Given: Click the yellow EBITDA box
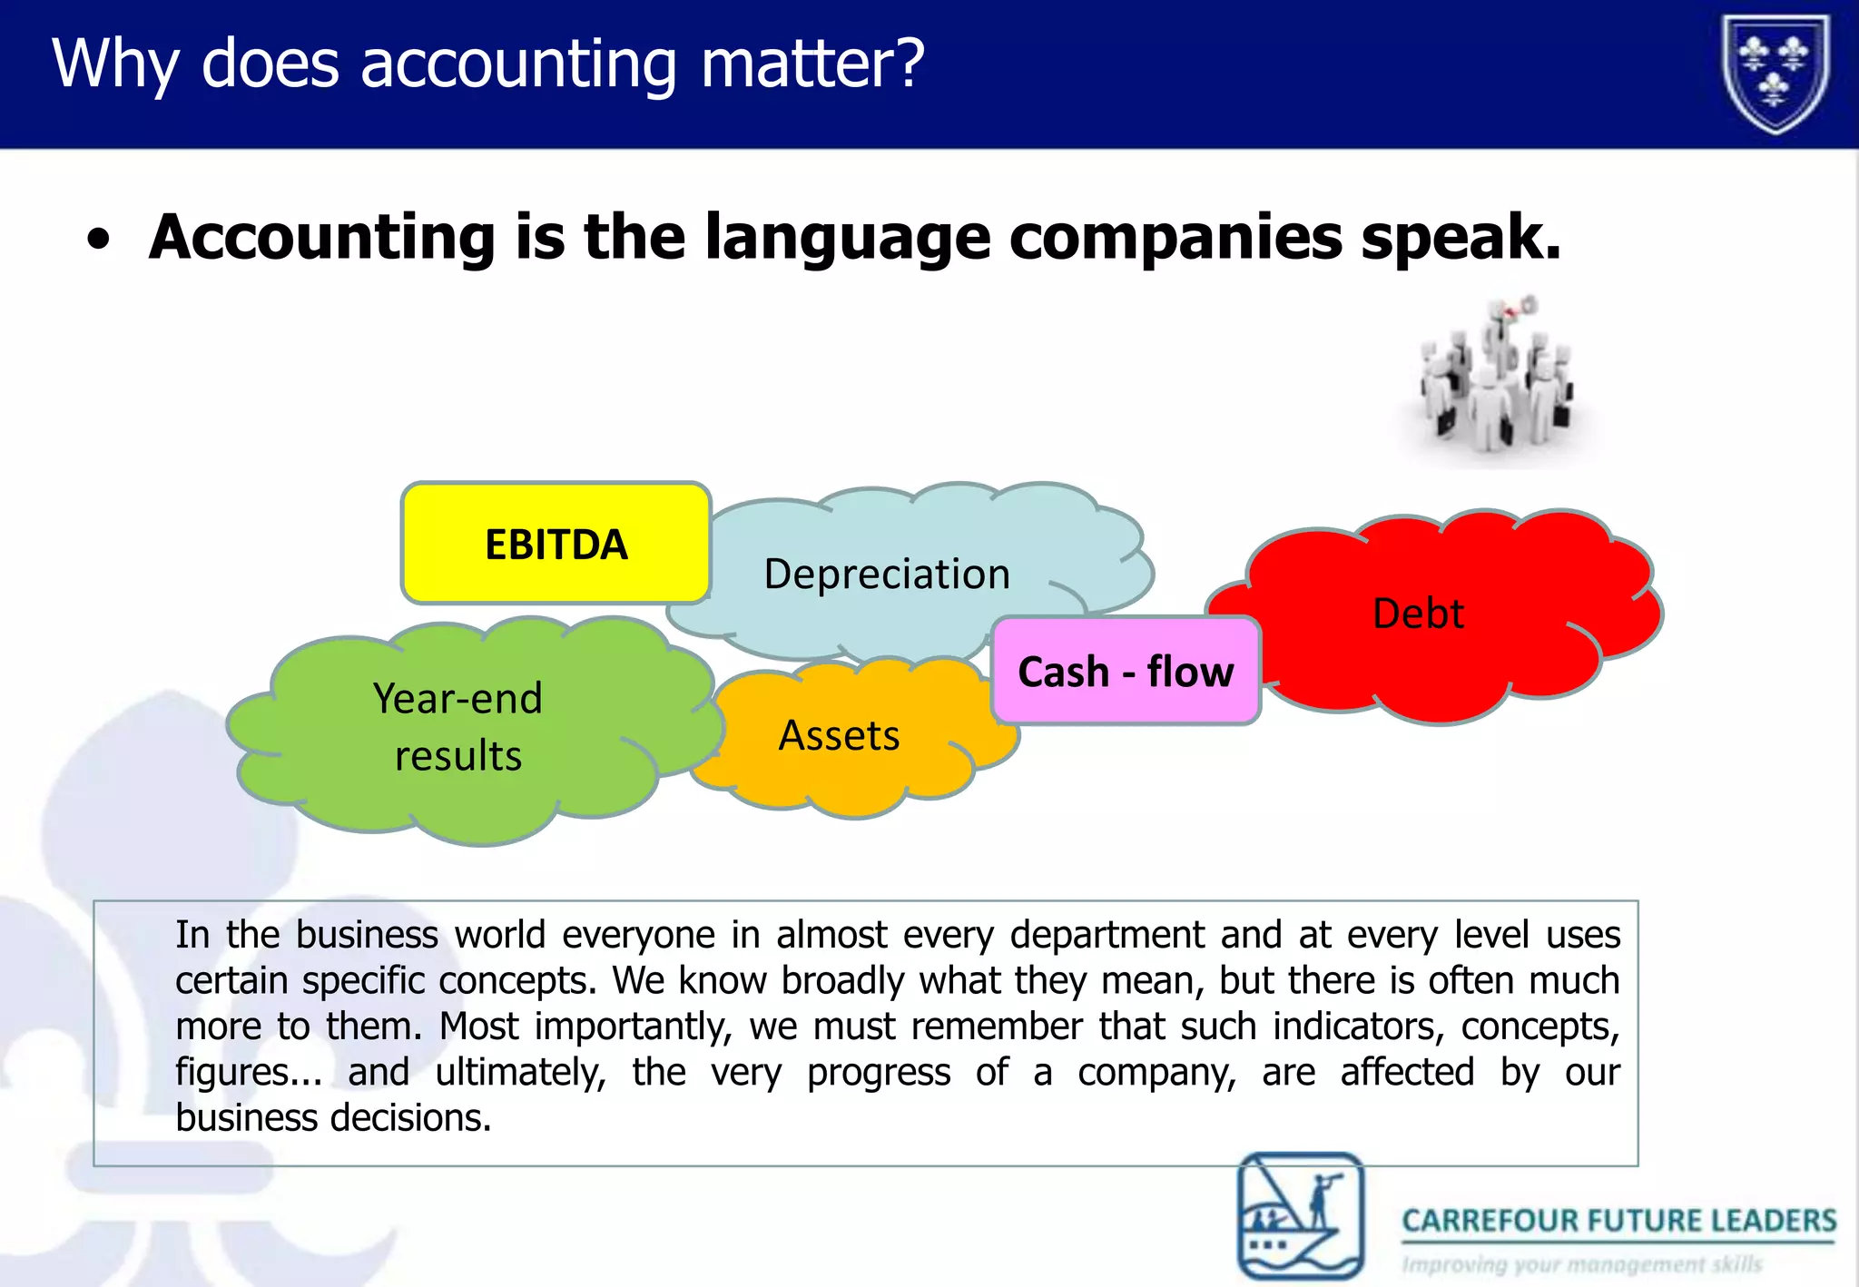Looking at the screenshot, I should click(556, 544).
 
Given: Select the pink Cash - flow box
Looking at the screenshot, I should click(1126, 672).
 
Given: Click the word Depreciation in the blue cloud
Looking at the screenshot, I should click(887, 574).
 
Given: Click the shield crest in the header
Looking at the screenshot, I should click(1775, 73).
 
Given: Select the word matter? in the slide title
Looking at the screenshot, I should click(812, 64).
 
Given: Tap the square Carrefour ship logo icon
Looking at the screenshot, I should click(1301, 1215).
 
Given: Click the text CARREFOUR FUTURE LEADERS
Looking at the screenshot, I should click(1618, 1221).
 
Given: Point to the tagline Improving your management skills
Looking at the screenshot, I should click(1581, 1264).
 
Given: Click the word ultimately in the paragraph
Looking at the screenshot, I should click(520, 1072).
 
